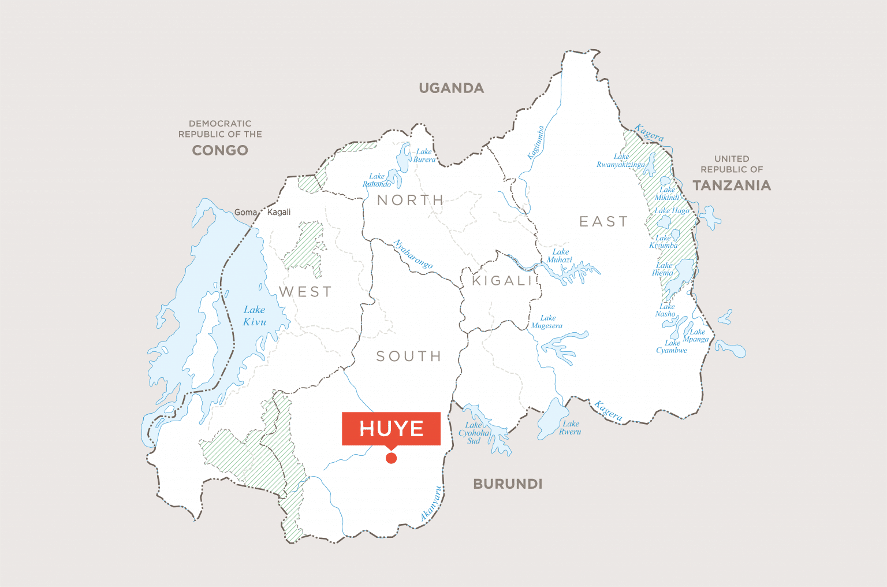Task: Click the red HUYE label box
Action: pos(391,428)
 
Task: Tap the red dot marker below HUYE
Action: pos(391,458)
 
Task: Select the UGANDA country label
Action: pos(452,88)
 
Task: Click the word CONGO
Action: pos(220,150)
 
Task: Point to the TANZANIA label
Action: pos(732,185)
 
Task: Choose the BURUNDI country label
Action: pos(508,484)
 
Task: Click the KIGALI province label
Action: pos(501,281)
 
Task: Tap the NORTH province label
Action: pos(410,200)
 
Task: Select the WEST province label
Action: pos(305,292)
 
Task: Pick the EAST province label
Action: pos(603,222)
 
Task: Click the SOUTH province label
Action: pos(409,356)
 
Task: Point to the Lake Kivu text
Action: pos(254,316)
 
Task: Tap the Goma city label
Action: pos(245,213)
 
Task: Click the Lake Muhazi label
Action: pos(560,256)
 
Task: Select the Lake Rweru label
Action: pos(570,428)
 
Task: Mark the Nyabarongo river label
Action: pos(413,254)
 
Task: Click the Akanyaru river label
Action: pos(431,504)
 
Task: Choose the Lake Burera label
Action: pos(424,155)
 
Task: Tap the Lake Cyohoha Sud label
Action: pos(474,433)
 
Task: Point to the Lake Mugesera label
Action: pos(547,322)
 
